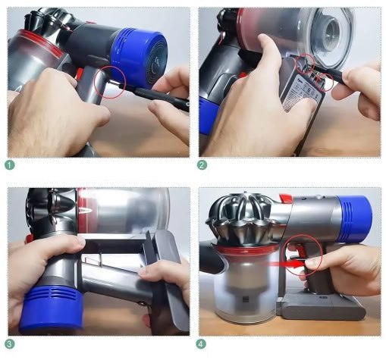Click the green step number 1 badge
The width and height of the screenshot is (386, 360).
click(x=10, y=164)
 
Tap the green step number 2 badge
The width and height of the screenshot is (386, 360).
click(x=202, y=164)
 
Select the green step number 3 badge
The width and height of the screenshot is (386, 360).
click(x=10, y=343)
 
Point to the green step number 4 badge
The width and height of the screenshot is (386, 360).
click(x=202, y=343)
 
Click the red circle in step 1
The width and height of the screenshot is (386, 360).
click(x=111, y=80)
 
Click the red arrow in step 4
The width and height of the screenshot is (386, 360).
click(x=296, y=261)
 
